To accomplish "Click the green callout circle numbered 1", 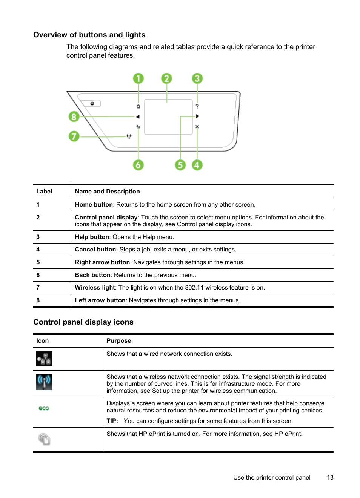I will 138,78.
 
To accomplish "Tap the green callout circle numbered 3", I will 197,78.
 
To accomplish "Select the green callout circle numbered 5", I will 180,165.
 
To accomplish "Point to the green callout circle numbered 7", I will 74,136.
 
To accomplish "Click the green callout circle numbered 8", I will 74,116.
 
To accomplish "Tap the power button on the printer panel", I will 92,103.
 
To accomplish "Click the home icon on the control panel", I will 138,106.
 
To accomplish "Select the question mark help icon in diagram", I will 197,106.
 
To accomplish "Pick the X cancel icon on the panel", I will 197,127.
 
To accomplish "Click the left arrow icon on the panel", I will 138,116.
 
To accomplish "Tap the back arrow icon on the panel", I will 138,127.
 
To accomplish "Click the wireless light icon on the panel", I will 129,136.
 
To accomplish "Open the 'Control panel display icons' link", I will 214,224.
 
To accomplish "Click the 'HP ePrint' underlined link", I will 288,434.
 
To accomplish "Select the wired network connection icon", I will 44,359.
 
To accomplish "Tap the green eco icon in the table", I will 44,408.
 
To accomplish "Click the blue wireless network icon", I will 44,382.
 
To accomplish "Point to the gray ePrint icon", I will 44,439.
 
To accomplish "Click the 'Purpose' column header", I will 119,341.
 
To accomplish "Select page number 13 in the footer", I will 330,478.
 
